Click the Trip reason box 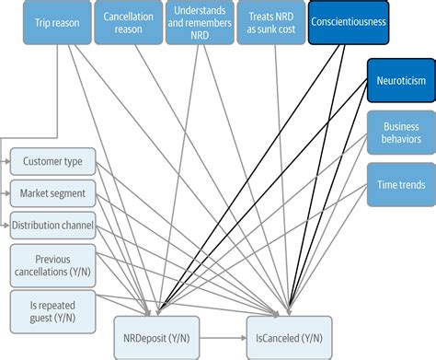(x=57, y=22)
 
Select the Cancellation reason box (x=129, y=22)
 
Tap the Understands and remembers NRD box (x=200, y=22)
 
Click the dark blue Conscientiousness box (x=349, y=22)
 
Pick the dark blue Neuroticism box (x=400, y=80)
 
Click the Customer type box (x=53, y=162)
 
